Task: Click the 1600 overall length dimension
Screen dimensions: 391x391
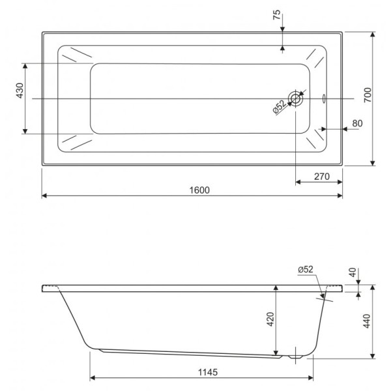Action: click(x=200, y=190)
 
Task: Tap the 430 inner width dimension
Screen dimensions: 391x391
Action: click(x=20, y=91)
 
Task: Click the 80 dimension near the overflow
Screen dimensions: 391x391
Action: click(x=356, y=123)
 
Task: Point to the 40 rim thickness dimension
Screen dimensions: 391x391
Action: click(x=353, y=273)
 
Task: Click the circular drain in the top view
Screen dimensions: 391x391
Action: click(x=297, y=99)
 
